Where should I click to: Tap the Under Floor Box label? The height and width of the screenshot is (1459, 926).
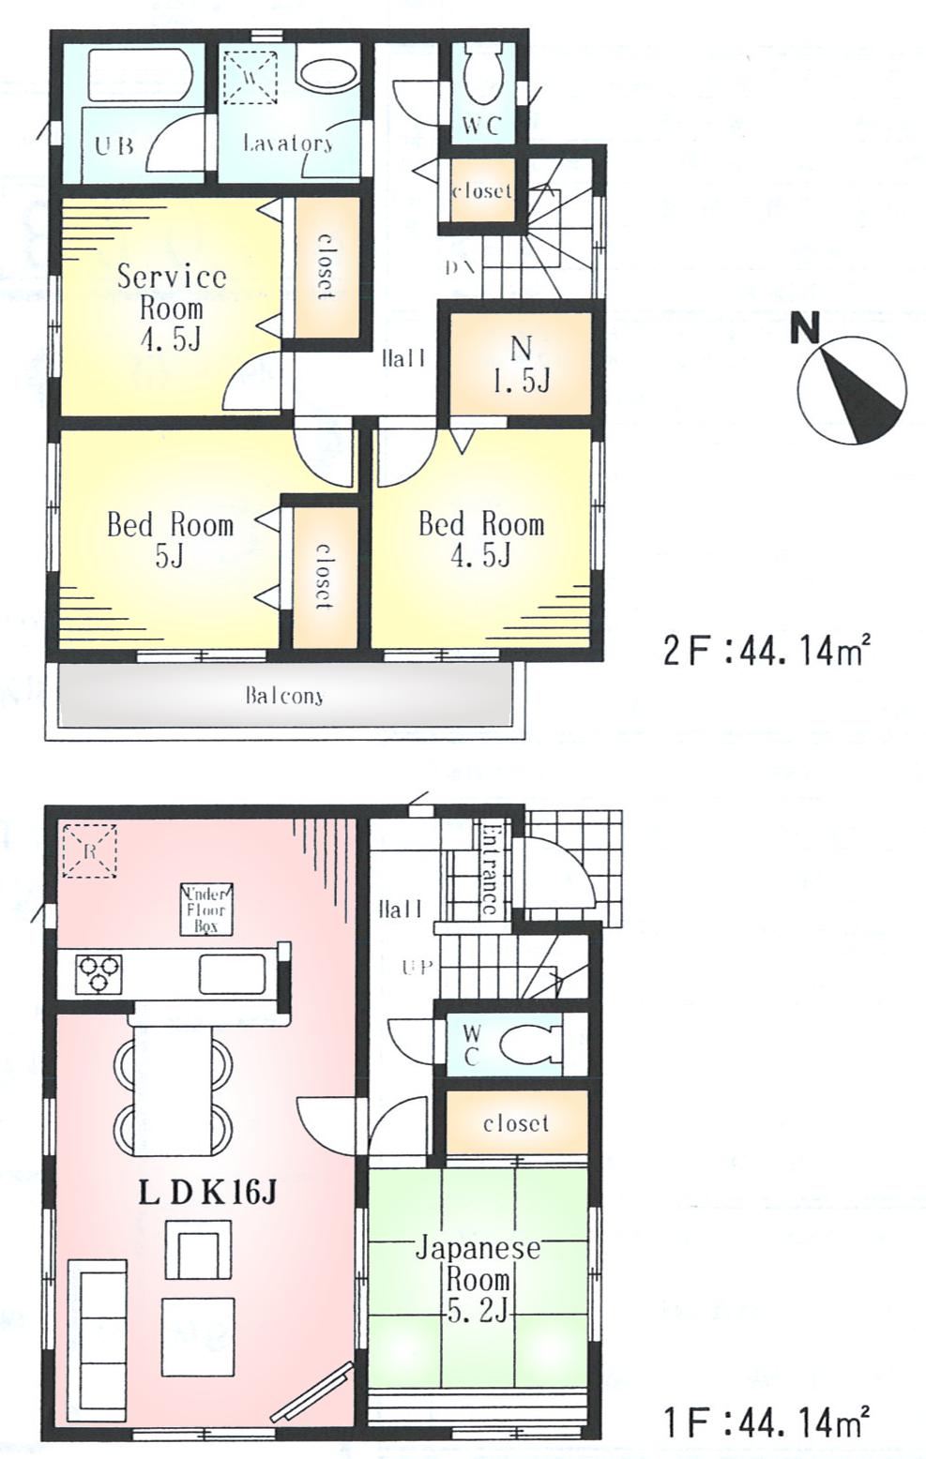pyautogui.click(x=205, y=909)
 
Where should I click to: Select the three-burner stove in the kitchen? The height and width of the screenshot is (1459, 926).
pyautogui.click(x=99, y=973)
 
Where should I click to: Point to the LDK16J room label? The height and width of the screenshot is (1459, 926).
pyautogui.click(x=206, y=1192)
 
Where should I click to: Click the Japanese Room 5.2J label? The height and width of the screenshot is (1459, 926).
pyautogui.click(x=478, y=1279)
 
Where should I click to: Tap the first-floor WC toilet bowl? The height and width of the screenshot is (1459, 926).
pyautogui.click(x=528, y=1044)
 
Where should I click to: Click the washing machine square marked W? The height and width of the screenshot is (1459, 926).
pyautogui.click(x=250, y=74)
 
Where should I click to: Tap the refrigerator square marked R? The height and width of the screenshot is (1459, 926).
pyautogui.click(x=87, y=850)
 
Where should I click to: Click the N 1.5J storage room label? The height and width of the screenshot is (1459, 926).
pyautogui.click(x=521, y=364)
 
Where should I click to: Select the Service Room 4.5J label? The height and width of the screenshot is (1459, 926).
pyautogui.click(x=171, y=307)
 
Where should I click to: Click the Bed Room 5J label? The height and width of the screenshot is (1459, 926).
pyautogui.click(x=170, y=539)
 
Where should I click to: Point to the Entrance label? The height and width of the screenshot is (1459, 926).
pyautogui.click(x=489, y=868)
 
